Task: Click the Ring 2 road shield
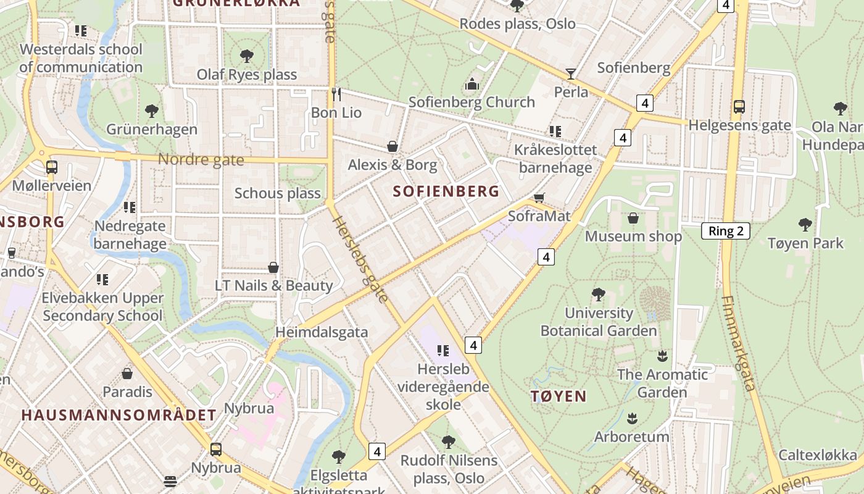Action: (x=726, y=232)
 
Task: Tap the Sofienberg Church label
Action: (x=471, y=102)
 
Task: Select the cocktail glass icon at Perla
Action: (x=571, y=74)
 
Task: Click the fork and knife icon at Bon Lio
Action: (x=336, y=94)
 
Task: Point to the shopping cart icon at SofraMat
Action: (x=539, y=198)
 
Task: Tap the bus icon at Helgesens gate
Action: (x=739, y=107)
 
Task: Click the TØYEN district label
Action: (x=559, y=396)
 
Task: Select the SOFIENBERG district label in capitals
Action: (x=446, y=191)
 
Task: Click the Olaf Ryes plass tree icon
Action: (x=247, y=56)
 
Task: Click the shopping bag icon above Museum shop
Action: (x=633, y=218)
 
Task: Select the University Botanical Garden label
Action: (x=599, y=322)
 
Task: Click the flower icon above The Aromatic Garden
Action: (x=662, y=356)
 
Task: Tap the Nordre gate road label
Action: (x=201, y=160)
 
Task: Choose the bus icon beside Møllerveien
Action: (x=52, y=167)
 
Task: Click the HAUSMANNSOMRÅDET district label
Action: (x=119, y=415)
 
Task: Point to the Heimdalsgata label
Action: (x=322, y=332)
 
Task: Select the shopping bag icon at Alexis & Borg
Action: (x=392, y=146)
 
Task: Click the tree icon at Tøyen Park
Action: (x=805, y=224)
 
